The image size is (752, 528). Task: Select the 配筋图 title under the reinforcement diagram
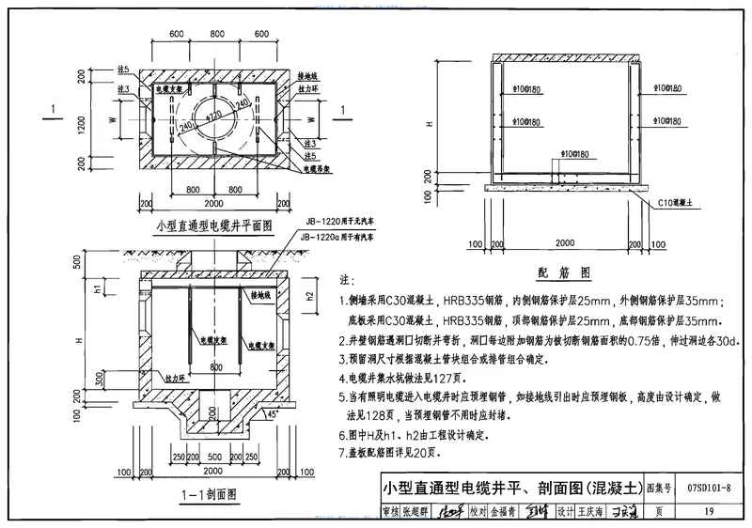pyautogui.click(x=563, y=272)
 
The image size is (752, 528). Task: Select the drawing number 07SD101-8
pyautogui.click(x=709, y=489)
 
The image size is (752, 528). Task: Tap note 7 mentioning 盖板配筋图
pyautogui.click(x=404, y=454)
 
